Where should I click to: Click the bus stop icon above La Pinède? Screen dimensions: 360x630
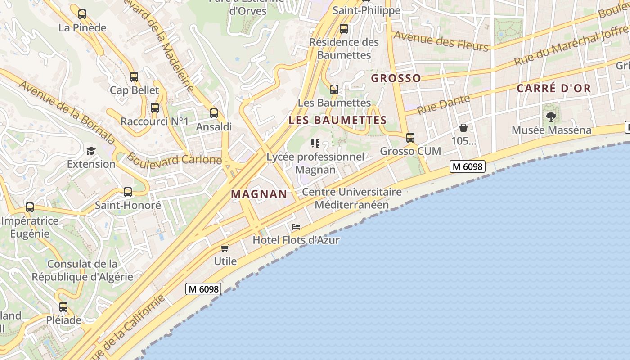(x=82, y=14)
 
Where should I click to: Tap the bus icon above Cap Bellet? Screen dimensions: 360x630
(x=134, y=77)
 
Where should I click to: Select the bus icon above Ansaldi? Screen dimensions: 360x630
(x=214, y=113)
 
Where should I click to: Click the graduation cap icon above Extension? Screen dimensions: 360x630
(x=91, y=151)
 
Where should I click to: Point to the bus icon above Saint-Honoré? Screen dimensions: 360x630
(x=128, y=192)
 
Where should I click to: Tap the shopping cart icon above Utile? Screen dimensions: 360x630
(x=225, y=248)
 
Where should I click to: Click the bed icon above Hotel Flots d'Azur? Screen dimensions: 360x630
(x=296, y=227)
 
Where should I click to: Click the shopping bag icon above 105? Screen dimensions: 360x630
(x=463, y=128)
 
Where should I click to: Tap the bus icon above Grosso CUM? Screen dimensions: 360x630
(x=410, y=138)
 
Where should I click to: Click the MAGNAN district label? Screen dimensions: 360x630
(x=259, y=194)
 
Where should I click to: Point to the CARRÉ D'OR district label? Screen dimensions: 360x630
(x=553, y=88)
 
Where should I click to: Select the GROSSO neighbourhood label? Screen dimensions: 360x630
(x=396, y=78)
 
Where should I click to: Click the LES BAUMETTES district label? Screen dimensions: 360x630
(x=337, y=121)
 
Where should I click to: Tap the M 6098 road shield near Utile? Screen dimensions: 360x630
(x=204, y=289)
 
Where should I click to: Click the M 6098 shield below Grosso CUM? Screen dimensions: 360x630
(x=468, y=166)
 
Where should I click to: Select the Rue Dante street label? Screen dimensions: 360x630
(x=443, y=105)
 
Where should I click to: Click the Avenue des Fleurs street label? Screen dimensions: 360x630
(x=441, y=41)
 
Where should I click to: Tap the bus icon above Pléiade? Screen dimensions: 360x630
(x=63, y=307)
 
